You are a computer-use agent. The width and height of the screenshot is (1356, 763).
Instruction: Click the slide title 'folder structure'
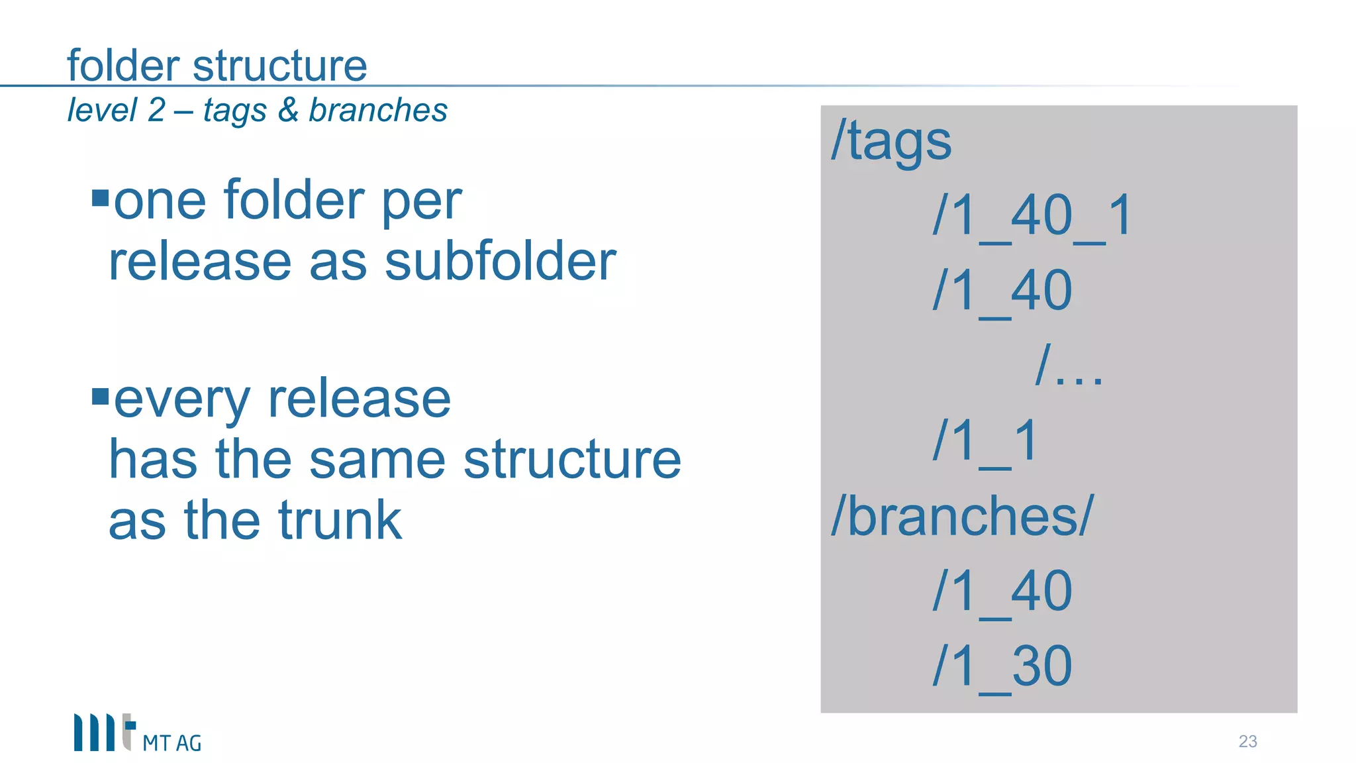coord(217,66)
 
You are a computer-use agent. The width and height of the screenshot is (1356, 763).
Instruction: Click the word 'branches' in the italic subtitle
coord(378,110)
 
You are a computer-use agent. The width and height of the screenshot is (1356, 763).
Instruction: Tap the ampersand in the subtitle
coord(288,110)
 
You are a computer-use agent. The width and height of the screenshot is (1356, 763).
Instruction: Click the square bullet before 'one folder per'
coord(100,198)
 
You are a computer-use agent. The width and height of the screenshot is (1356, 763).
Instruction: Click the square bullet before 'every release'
coord(100,397)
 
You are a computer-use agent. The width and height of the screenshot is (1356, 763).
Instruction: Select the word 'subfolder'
coord(501,261)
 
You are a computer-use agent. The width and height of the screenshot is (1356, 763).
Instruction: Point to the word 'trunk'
coord(340,521)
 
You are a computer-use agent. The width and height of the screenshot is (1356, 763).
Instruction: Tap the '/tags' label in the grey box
coord(891,141)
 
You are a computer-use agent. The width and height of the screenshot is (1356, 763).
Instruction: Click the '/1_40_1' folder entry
coord(1032,216)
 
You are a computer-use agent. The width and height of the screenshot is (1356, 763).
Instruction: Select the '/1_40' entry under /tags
coord(1002,291)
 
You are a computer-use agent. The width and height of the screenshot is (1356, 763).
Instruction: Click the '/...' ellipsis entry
coord(1069,366)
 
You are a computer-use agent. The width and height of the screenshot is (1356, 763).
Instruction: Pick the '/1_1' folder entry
coord(985,440)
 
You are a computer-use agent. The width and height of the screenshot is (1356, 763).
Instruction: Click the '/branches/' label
coord(963,516)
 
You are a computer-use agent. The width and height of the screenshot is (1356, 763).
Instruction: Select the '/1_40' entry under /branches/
coord(1002,591)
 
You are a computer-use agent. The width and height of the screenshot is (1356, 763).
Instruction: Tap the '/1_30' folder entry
coord(1002,666)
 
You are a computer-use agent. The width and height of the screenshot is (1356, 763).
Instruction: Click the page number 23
coord(1247,741)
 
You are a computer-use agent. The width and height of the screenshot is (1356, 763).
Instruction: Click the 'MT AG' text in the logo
coord(171,744)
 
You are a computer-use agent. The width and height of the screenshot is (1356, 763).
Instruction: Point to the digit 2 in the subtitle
coord(156,110)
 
